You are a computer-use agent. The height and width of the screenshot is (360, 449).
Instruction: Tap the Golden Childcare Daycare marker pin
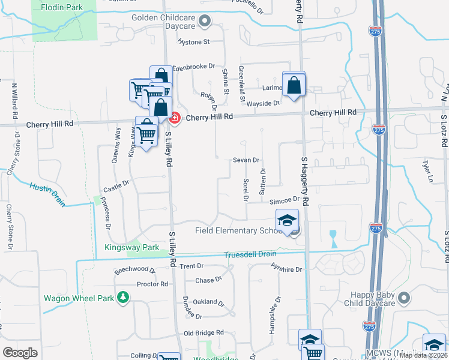pyautogui.click(x=205, y=22)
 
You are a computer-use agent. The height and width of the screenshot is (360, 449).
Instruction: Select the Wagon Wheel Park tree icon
pyautogui.click(x=123, y=297)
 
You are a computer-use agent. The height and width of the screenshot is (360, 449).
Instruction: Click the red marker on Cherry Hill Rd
pyautogui.click(x=175, y=118)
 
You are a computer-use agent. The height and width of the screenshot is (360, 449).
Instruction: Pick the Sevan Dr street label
pyautogui.click(x=246, y=160)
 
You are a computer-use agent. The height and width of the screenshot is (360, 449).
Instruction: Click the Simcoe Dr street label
pyautogui.click(x=284, y=200)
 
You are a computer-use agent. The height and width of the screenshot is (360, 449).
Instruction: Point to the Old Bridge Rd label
pyautogui.click(x=203, y=332)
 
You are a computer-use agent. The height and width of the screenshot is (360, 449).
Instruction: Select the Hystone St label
pyautogui.click(x=193, y=42)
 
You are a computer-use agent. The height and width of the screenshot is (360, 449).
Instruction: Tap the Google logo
pyautogui.click(x=20, y=353)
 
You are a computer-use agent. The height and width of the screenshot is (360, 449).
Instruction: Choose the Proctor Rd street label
pyautogui.click(x=152, y=284)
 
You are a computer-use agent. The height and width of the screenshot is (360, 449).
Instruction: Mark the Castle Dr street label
pyautogui.click(x=116, y=187)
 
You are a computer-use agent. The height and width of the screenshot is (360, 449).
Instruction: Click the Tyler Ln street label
pyautogui.click(x=427, y=172)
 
